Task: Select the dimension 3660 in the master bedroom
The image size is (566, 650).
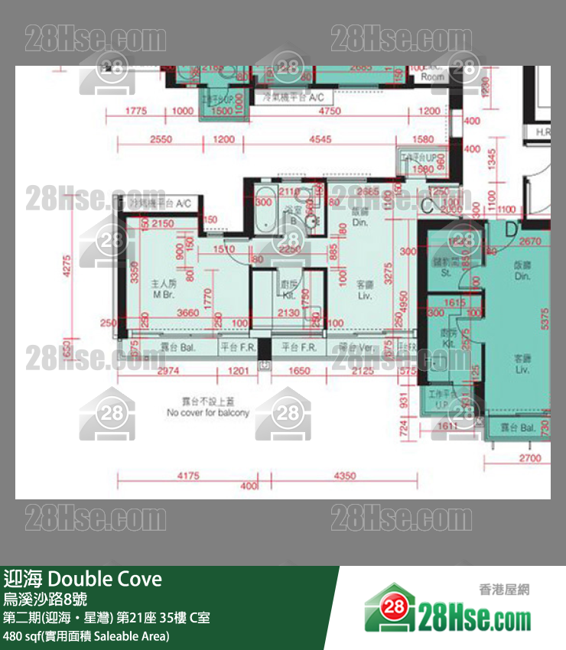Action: pyautogui.click(x=187, y=312)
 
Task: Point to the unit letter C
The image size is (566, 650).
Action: pyautogui.click(x=428, y=205)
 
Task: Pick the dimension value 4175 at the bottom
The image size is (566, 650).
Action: pyautogui.click(x=188, y=476)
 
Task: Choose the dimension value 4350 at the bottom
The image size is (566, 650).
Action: pyautogui.click(x=345, y=476)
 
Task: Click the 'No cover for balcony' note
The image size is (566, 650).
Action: pyautogui.click(x=208, y=408)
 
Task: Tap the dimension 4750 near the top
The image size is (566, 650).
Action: pyautogui.click(x=329, y=112)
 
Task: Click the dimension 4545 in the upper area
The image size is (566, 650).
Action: pyautogui.click(x=321, y=140)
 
